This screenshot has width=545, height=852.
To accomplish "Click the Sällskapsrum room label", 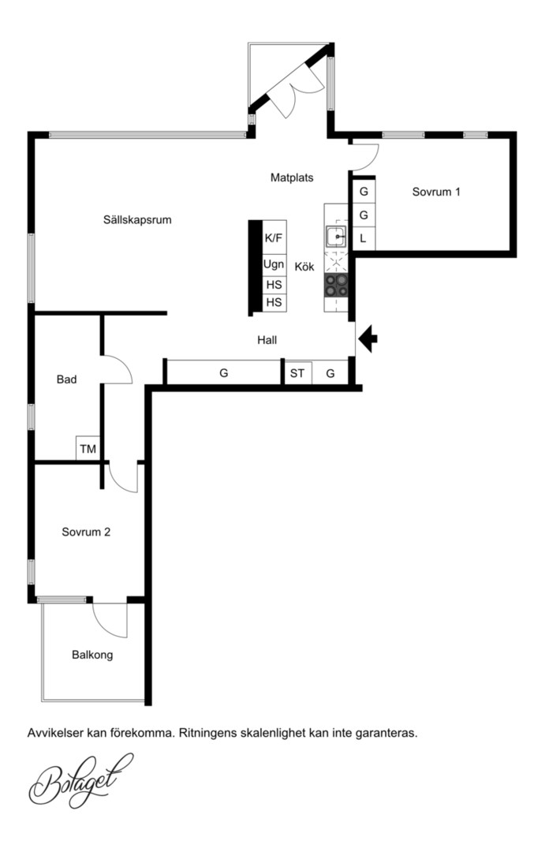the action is [x=137, y=220].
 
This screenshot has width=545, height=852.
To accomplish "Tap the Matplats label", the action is [x=292, y=177].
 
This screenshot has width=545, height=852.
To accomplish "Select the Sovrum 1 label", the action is [x=436, y=192].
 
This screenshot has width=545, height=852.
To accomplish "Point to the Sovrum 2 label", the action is [x=86, y=532].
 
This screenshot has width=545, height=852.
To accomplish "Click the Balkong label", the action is [x=92, y=655].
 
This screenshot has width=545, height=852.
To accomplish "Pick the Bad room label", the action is [x=66, y=379].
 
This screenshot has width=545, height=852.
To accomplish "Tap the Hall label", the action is [x=267, y=340].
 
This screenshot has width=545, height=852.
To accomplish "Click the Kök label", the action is [x=304, y=267].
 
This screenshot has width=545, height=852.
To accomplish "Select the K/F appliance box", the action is [x=274, y=237].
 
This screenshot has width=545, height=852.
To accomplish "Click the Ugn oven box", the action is [x=274, y=265].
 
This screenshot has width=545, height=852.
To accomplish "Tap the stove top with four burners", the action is [x=336, y=286].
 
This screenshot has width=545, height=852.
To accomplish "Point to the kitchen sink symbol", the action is [x=336, y=237].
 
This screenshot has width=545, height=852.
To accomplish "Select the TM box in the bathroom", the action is [x=88, y=449].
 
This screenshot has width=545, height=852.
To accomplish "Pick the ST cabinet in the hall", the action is [x=298, y=372].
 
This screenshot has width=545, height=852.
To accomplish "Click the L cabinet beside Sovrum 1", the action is [x=364, y=238].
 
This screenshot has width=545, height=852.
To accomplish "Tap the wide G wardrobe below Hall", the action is [x=223, y=372].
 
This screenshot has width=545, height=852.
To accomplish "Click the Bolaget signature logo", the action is [x=80, y=781].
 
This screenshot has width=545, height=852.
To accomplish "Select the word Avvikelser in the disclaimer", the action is [x=51, y=733].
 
